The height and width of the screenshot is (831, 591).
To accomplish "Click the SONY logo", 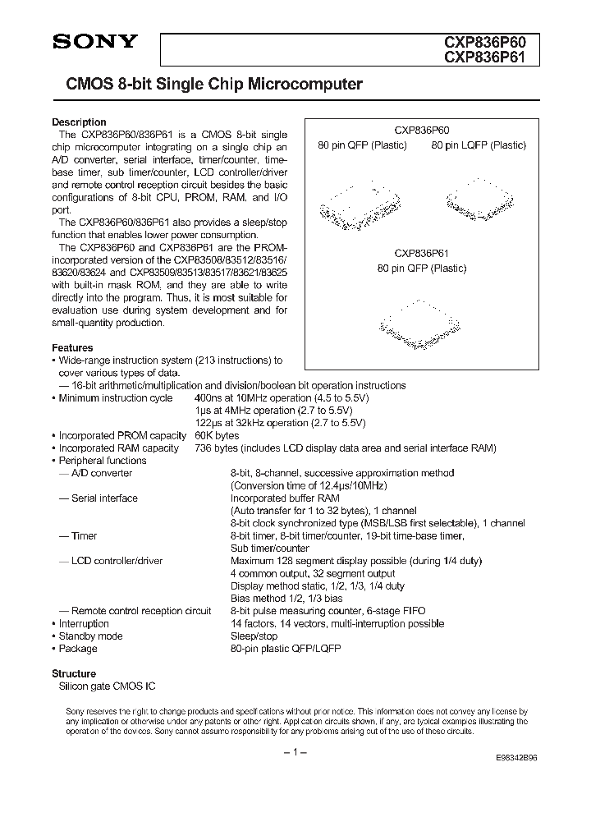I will [94, 44].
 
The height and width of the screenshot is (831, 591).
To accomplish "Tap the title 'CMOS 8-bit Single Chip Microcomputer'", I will [208, 85].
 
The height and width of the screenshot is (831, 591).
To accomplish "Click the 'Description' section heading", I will [79, 122].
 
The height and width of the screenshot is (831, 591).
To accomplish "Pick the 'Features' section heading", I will [72, 348].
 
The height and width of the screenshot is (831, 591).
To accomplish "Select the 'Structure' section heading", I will [74, 673].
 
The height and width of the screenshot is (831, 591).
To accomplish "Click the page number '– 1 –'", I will [295, 753].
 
